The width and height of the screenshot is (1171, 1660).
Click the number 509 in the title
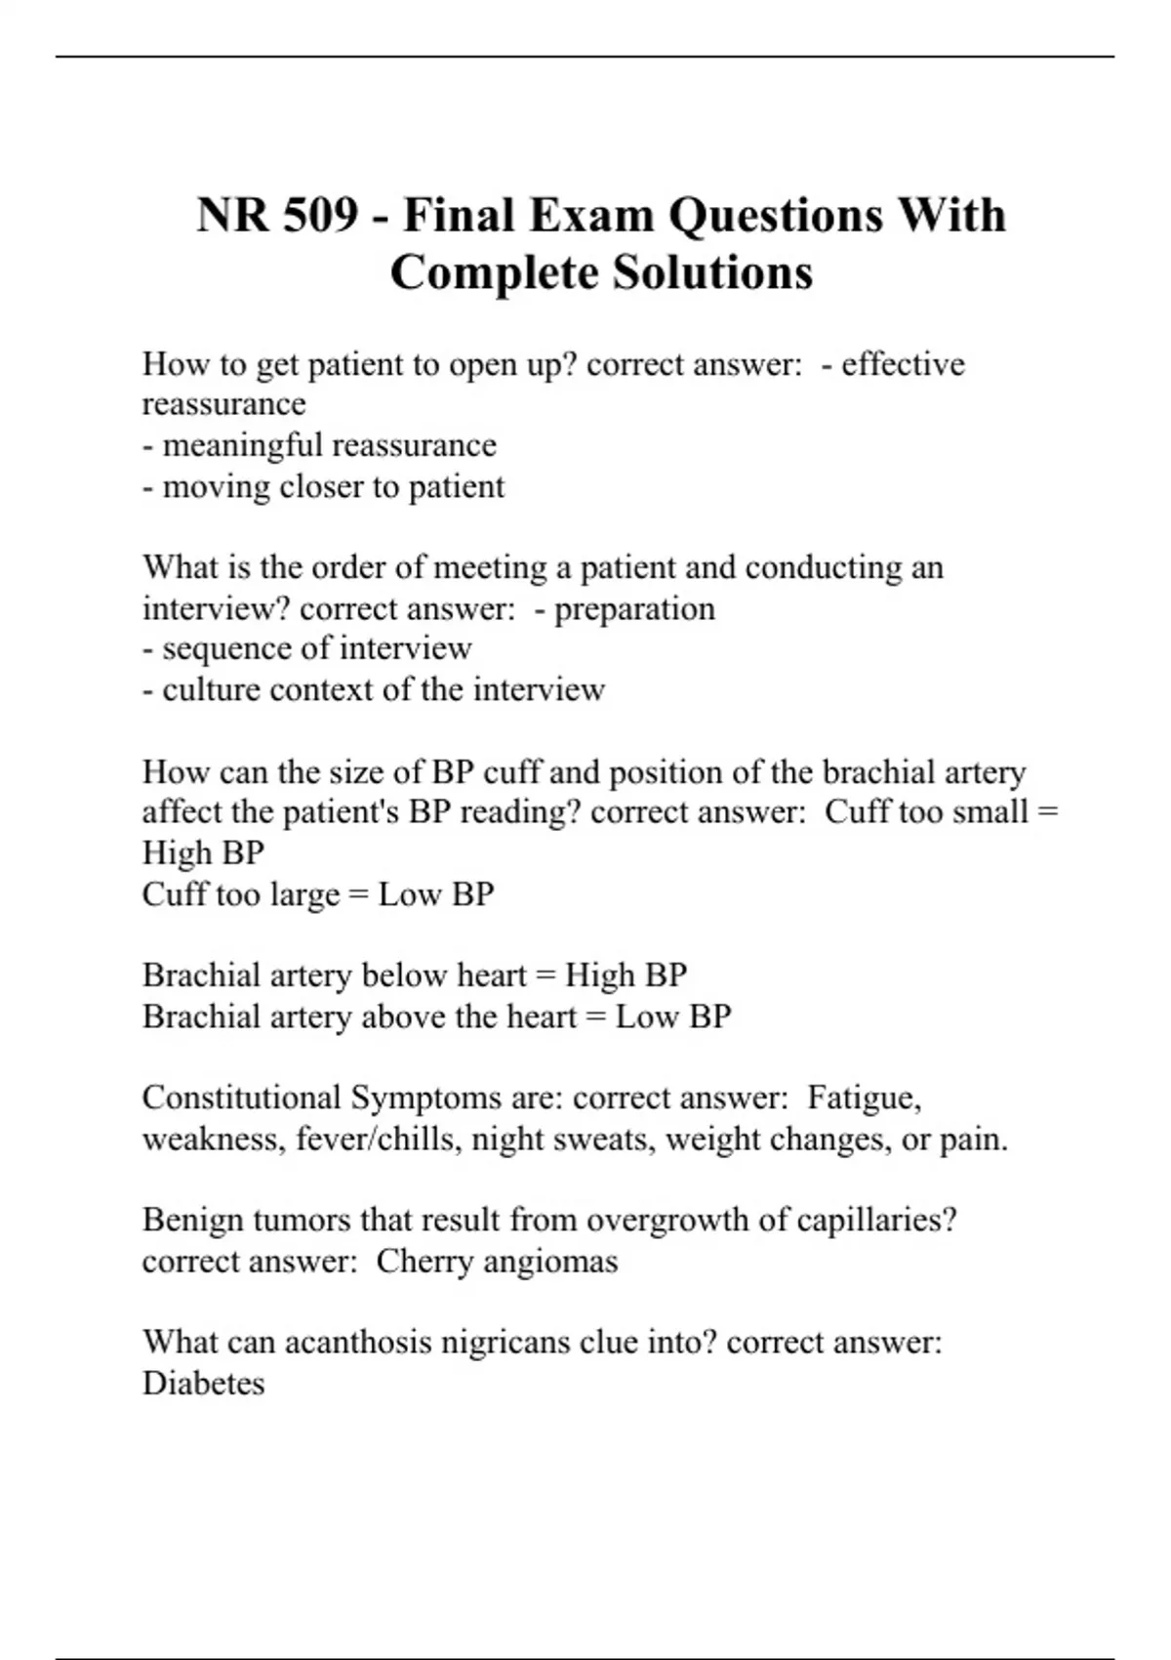320,215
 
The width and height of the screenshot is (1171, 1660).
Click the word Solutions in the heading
712,272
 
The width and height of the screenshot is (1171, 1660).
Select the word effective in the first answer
903,364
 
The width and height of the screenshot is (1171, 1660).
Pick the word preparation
634,608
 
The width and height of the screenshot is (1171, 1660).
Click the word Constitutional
241,1098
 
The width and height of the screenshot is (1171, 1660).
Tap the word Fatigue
864,1098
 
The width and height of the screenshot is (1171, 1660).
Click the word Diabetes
203,1384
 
